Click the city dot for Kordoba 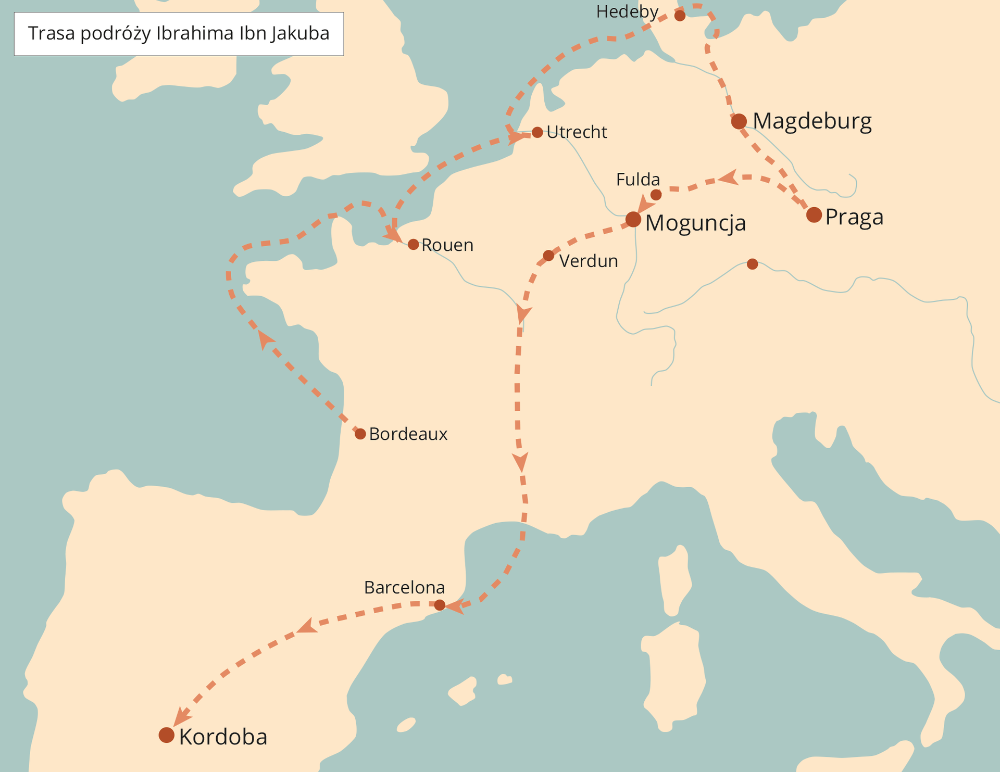click(x=166, y=735)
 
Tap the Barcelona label click(x=404, y=587)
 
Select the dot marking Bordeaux click(x=360, y=434)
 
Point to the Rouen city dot click(x=413, y=244)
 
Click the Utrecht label click(x=577, y=132)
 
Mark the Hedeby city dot click(x=680, y=16)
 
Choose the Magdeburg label click(x=812, y=121)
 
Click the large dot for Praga click(x=814, y=214)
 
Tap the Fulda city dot click(x=656, y=195)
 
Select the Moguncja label click(x=695, y=223)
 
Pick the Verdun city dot click(x=548, y=256)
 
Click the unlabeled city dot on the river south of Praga click(x=752, y=264)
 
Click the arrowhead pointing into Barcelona click(x=454, y=606)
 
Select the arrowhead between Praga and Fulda click(x=729, y=178)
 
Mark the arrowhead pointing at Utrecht click(x=518, y=137)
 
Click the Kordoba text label click(x=223, y=737)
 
